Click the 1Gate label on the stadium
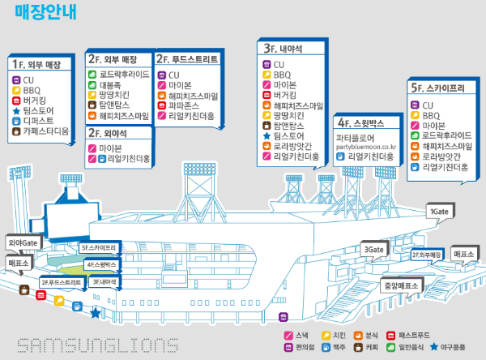click(440, 212)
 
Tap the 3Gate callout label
click(373, 250)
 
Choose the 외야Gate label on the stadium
click(23, 242)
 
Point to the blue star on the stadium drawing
click(96, 311)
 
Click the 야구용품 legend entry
click(456, 347)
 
